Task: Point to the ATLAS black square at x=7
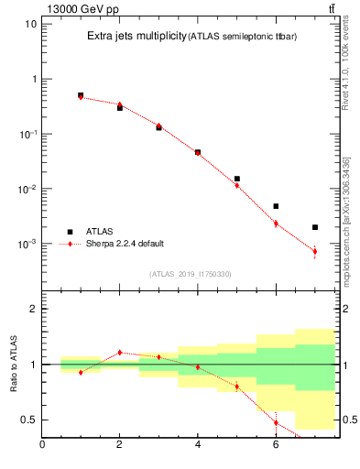click(x=315, y=227)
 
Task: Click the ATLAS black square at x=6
click(x=276, y=206)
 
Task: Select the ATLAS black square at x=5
click(x=236, y=179)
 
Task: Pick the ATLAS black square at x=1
click(x=81, y=95)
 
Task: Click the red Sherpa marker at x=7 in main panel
click(x=315, y=251)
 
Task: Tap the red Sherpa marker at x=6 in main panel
click(x=276, y=223)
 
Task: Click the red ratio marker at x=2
click(x=119, y=352)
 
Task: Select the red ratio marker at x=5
click(x=236, y=386)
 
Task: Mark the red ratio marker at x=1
click(x=81, y=372)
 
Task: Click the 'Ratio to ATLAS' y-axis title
click(x=12, y=365)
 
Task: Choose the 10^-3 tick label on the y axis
click(x=27, y=245)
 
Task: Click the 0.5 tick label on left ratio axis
click(x=28, y=420)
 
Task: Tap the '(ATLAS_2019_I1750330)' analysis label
click(x=190, y=274)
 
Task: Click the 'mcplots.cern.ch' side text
click(x=345, y=247)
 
